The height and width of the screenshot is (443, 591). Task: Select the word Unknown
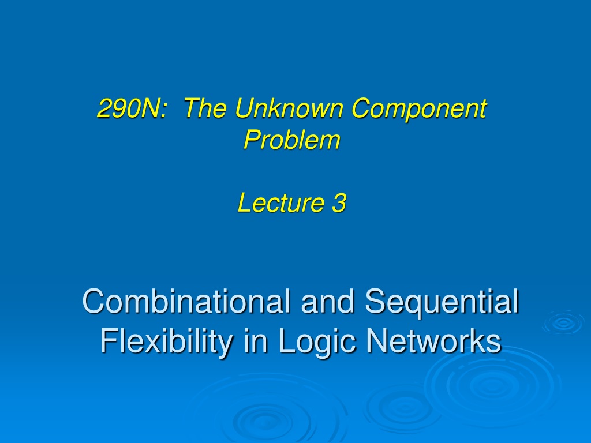click(x=289, y=108)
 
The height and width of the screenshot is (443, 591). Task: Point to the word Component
click(x=419, y=110)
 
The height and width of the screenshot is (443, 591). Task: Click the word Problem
click(x=292, y=140)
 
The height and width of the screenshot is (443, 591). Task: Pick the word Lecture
click(x=281, y=202)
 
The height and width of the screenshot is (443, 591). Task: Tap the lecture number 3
click(x=339, y=202)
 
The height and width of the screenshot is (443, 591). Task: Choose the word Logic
click(x=317, y=341)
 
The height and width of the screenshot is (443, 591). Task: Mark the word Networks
click(x=434, y=340)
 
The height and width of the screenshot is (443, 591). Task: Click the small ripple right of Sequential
click(x=564, y=322)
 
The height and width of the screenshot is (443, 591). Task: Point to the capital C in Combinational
click(x=93, y=301)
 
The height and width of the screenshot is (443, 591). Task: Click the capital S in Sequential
click(x=375, y=301)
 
